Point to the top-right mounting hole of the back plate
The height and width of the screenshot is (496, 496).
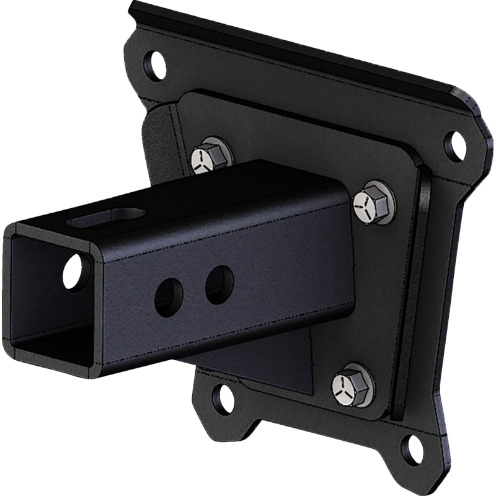point(456,143)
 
